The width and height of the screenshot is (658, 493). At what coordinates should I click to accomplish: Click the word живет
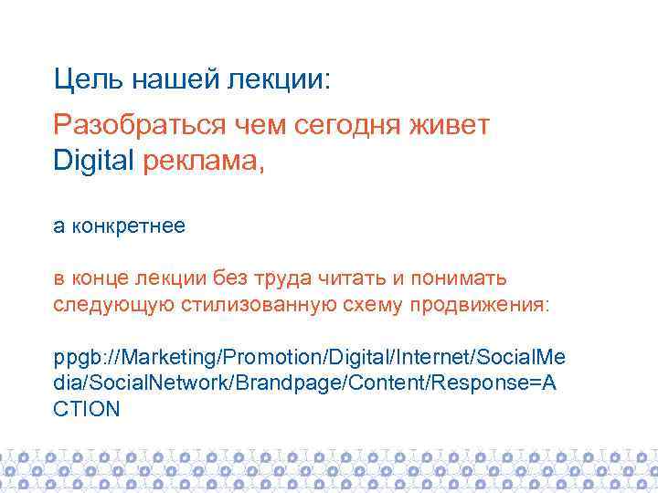pos(452,125)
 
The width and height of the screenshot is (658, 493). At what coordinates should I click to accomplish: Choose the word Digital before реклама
pos(94,162)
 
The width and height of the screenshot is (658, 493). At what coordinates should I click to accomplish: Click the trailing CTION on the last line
pos(87,408)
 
